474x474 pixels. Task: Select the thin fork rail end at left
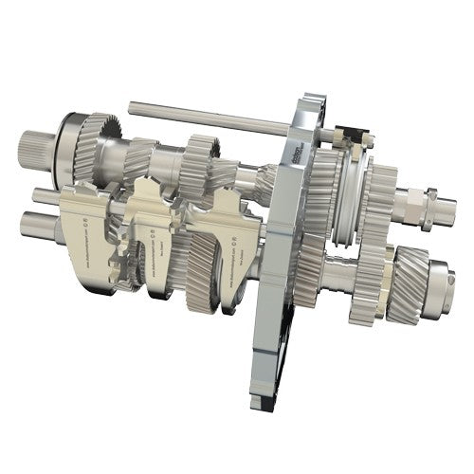point(44,196)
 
